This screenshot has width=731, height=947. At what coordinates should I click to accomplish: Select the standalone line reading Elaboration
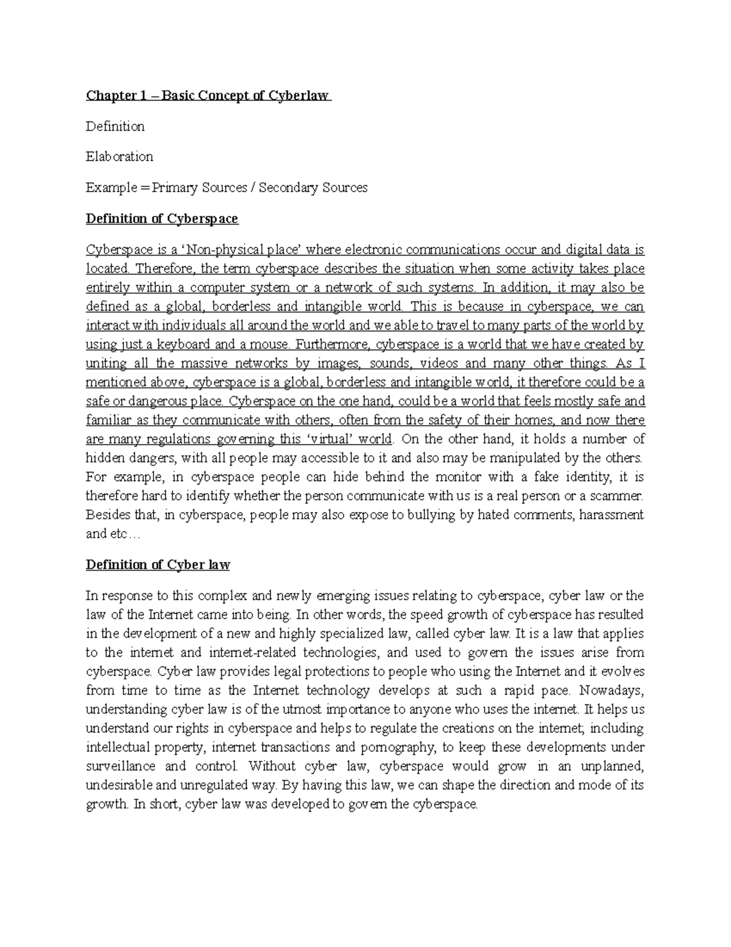tap(119, 157)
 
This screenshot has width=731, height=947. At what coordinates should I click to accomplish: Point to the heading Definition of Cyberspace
tap(162, 218)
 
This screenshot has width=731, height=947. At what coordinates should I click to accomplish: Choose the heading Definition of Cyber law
tap(158, 565)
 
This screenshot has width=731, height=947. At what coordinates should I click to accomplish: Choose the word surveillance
tap(119, 766)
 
